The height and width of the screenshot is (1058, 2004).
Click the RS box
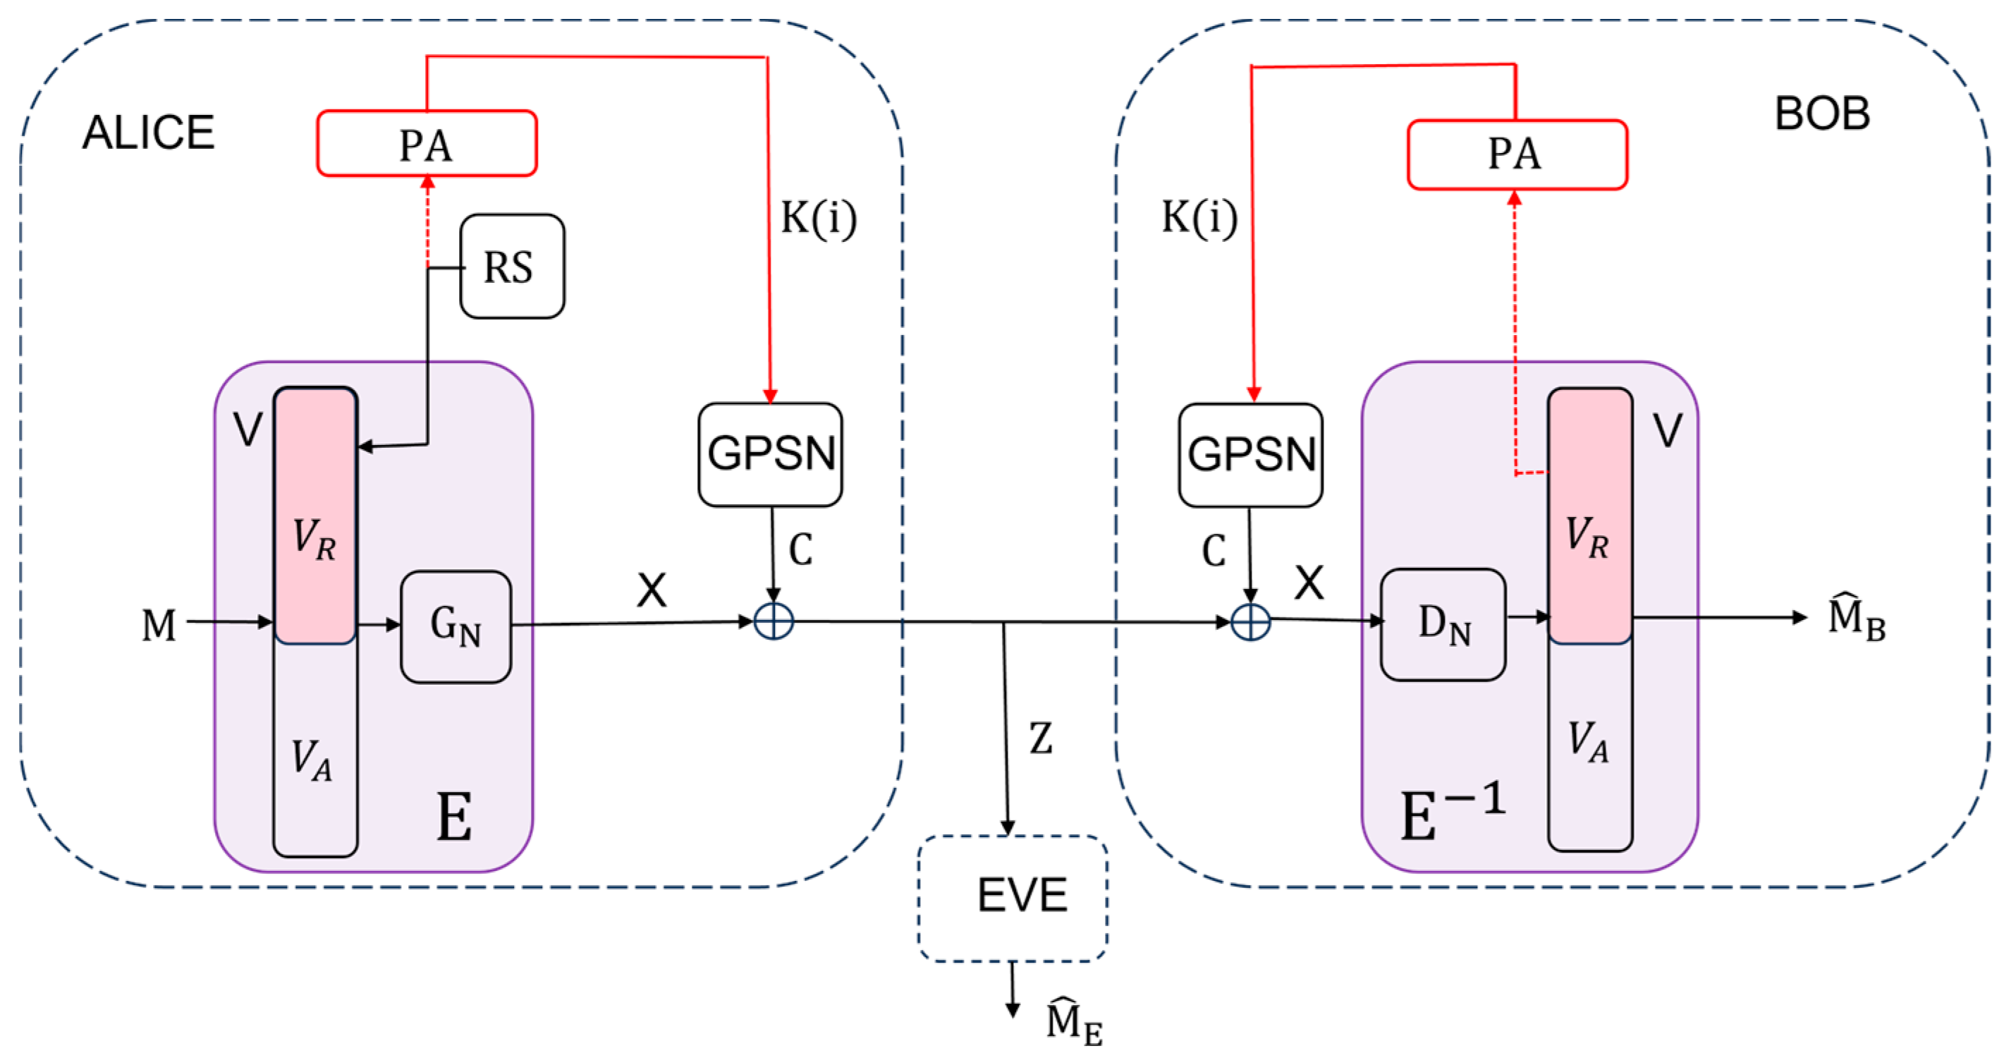[x=512, y=266]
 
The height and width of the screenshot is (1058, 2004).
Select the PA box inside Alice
[x=427, y=144]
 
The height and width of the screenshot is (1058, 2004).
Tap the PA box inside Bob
[x=1516, y=154]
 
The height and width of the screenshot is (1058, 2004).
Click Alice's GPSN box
[x=770, y=454]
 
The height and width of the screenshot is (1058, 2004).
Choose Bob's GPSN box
[x=1250, y=455]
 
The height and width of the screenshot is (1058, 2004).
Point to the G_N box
[x=456, y=626]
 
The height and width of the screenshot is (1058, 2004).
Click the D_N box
[x=1443, y=625]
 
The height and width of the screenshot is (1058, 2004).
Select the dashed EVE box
[x=1013, y=898]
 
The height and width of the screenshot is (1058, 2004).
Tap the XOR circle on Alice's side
[x=774, y=621]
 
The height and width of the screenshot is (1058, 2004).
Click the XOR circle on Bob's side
[x=1251, y=622]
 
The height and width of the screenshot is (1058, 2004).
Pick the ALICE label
[x=148, y=133]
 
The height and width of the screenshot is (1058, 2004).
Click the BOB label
[x=1822, y=114]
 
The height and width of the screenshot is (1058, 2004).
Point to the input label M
[x=159, y=625]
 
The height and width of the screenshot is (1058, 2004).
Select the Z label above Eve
[x=1041, y=738]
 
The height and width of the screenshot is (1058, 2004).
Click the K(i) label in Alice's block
[x=819, y=218]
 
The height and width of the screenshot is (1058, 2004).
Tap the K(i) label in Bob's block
[x=1199, y=217]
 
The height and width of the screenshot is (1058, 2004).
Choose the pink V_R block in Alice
[x=315, y=516]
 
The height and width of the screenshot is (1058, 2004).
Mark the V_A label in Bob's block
[x=1588, y=741]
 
